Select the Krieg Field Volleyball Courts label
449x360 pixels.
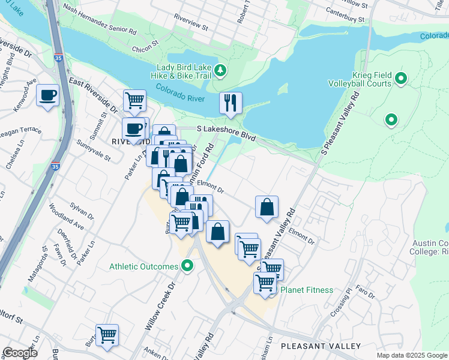(359, 79)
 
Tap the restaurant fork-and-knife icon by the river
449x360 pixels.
(231, 103)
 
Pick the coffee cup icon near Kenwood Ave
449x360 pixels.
(47, 95)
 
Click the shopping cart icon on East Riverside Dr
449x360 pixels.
(134, 100)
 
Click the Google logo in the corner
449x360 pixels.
(20, 353)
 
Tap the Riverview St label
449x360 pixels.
(190, 28)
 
